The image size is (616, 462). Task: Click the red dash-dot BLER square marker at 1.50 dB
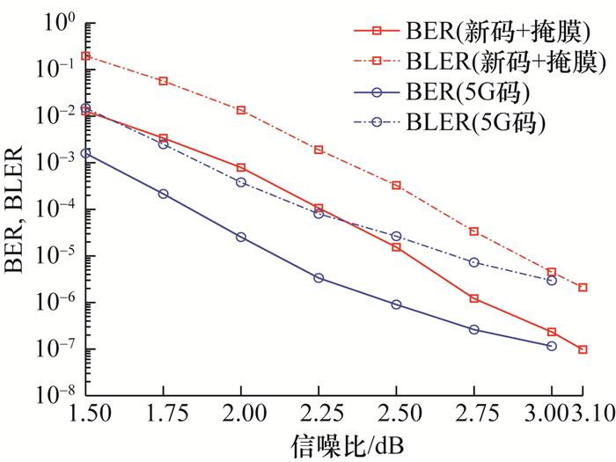(85, 55)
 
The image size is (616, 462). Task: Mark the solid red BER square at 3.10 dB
(583, 349)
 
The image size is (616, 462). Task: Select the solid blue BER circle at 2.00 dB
(241, 237)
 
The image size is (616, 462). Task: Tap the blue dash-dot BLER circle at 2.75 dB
(474, 262)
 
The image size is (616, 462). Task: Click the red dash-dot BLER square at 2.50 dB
(397, 186)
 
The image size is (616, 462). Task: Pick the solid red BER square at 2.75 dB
(474, 298)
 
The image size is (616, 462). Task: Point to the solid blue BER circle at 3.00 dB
(552, 346)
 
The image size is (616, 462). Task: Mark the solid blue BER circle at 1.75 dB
(164, 194)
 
